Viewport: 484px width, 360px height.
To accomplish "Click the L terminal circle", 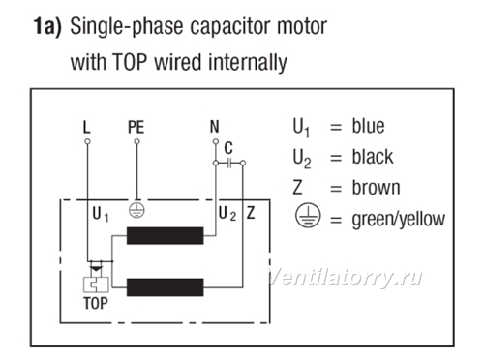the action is pyautogui.click(x=87, y=141).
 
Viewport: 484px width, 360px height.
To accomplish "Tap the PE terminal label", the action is pyautogui.click(x=136, y=127).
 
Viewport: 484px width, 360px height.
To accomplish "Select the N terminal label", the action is pyautogui.click(x=215, y=127).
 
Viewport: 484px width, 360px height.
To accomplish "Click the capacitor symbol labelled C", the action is pyautogui.click(x=229, y=164).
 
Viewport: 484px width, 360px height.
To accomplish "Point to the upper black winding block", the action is pyautogui.click(x=165, y=235).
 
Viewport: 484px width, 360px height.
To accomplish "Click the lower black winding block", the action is pyautogui.click(x=165, y=287).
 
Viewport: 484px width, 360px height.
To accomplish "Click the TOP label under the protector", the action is pyautogui.click(x=96, y=303).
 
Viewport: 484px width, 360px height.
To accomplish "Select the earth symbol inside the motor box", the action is pyautogui.click(x=136, y=210).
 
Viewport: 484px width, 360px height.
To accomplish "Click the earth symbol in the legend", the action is pyautogui.click(x=308, y=216).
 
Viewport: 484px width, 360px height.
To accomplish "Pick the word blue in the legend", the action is pyautogui.click(x=368, y=126).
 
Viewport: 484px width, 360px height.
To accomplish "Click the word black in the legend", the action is pyautogui.click(x=373, y=157).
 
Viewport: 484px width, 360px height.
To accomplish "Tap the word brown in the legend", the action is pyautogui.click(x=376, y=188).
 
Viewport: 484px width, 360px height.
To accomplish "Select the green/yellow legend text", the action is pyautogui.click(x=399, y=220).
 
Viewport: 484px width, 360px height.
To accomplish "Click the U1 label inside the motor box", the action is pyautogui.click(x=101, y=214).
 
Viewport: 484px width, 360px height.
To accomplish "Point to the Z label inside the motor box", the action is pyautogui.click(x=251, y=213).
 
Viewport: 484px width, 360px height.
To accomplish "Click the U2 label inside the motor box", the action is pyautogui.click(x=227, y=214).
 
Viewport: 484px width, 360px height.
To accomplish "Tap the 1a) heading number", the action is pyautogui.click(x=47, y=26).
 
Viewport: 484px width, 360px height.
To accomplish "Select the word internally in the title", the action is pyautogui.click(x=248, y=62).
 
